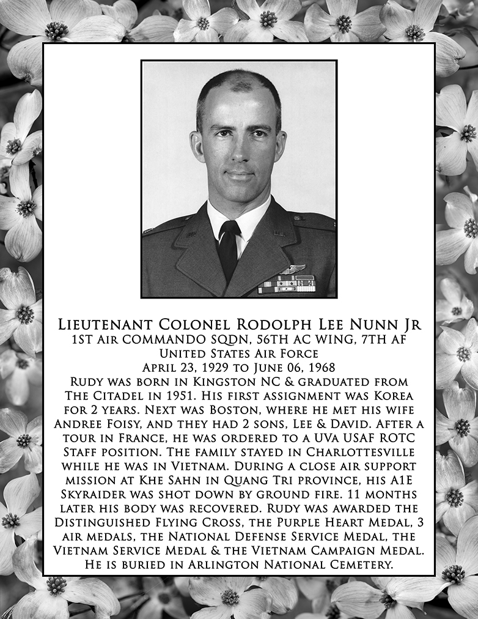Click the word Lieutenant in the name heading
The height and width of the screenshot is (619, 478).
point(107,325)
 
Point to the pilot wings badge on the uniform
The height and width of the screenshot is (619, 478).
point(292,269)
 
